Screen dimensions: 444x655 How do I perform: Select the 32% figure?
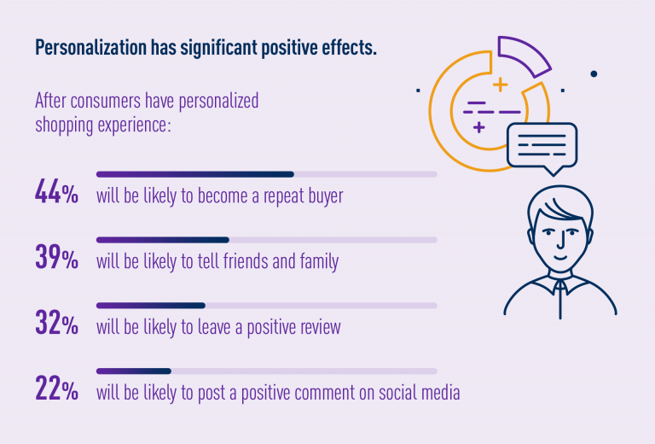57,324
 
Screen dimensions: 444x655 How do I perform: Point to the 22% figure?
57,388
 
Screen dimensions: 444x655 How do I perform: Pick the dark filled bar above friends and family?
162,240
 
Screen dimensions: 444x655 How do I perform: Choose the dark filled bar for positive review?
150,305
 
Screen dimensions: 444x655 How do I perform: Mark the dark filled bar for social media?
133,371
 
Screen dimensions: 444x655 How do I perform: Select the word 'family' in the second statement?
317,261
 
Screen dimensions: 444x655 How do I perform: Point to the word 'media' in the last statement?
438,393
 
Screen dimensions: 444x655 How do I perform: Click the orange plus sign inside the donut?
499,85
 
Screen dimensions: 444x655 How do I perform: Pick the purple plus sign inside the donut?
479,128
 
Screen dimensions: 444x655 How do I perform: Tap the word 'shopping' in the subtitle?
65,125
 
